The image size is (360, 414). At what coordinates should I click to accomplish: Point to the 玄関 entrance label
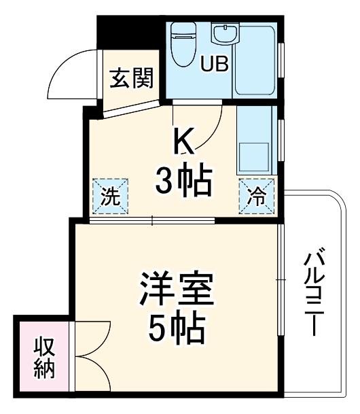click(x=130, y=80)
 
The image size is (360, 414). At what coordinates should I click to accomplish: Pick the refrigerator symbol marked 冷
click(x=257, y=196)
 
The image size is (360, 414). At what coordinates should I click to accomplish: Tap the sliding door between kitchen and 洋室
click(x=152, y=220)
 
